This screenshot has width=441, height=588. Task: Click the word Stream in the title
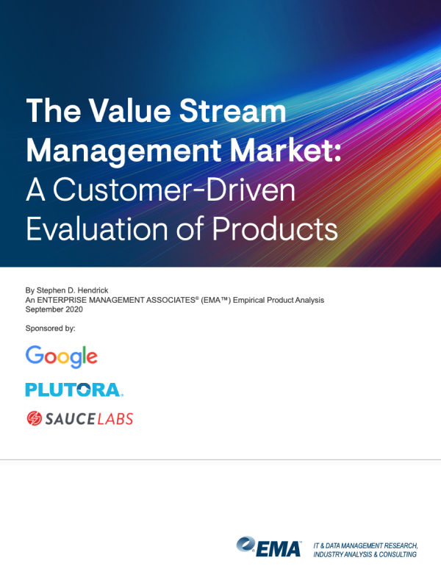(232, 111)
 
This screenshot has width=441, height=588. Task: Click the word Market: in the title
(285, 151)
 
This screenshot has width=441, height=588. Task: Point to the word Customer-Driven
(174, 190)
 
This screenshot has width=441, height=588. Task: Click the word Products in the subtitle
(275, 229)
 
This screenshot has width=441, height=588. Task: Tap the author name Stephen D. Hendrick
(72, 290)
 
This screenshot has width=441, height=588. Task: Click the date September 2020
(54, 309)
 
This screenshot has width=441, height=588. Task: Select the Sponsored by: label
(50, 329)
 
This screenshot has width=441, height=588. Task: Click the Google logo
(62, 356)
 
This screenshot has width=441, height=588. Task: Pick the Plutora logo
(74, 390)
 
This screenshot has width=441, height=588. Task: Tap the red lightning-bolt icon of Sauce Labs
(34, 418)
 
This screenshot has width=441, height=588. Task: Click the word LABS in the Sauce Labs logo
(115, 419)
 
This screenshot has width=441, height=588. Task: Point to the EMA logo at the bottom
(269, 547)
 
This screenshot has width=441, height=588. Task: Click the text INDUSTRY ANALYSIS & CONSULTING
(365, 554)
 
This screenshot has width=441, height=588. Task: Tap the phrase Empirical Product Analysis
(279, 300)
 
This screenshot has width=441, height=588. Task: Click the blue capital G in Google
(35, 355)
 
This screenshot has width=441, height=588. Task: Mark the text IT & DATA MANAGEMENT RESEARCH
(365, 545)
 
